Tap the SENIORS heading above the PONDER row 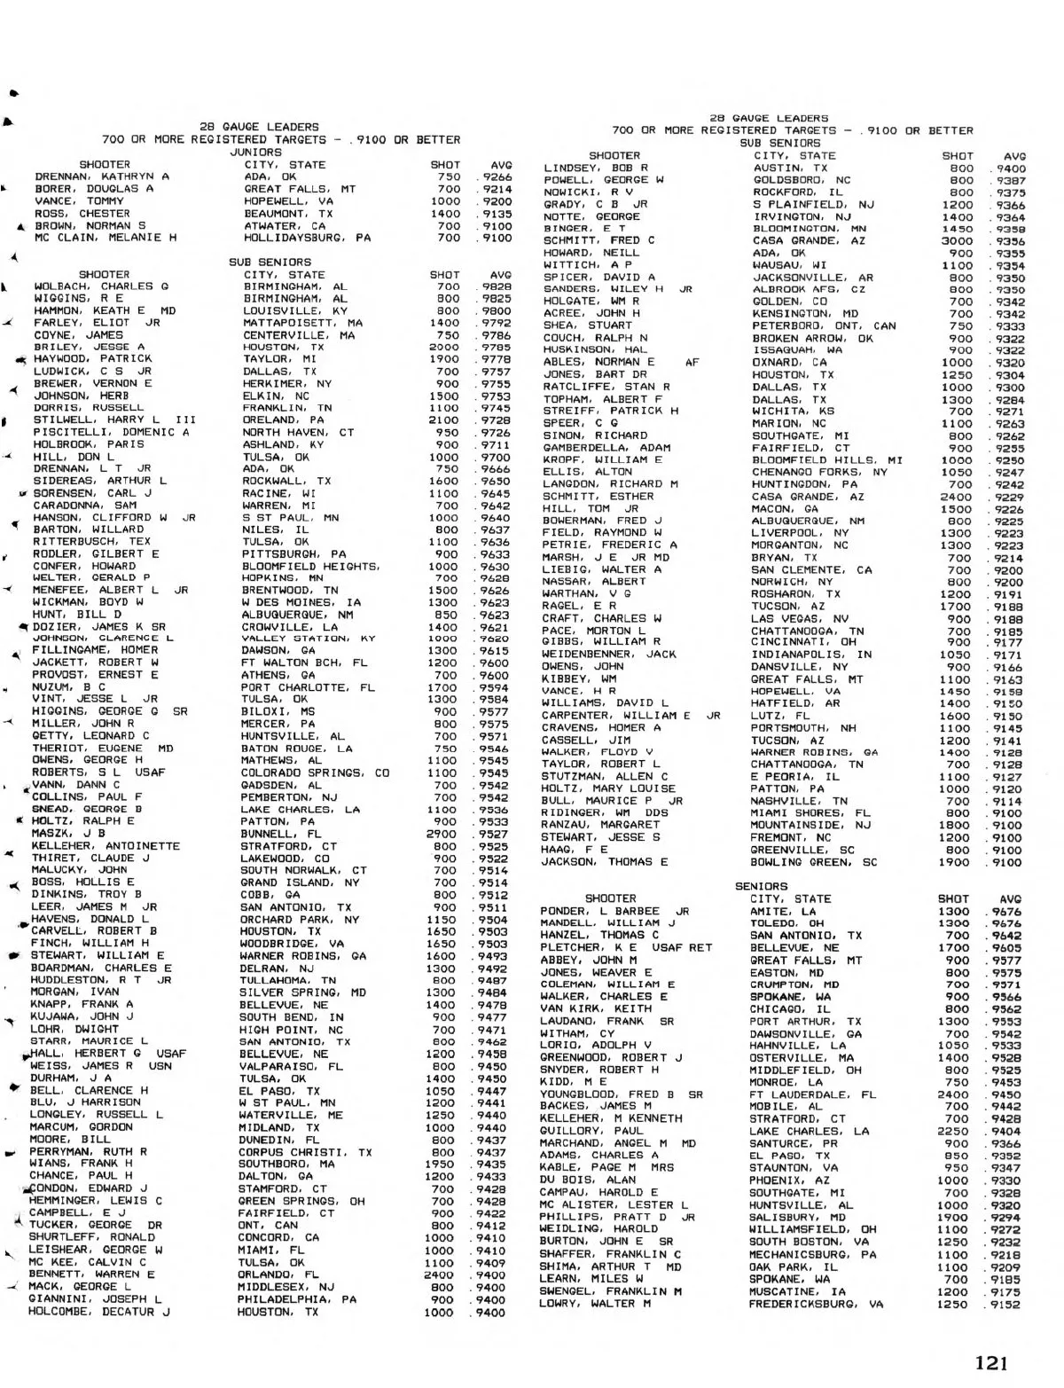[x=761, y=886]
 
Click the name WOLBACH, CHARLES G [x=101, y=286]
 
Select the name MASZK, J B [x=68, y=834]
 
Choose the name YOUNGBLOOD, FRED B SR [x=621, y=1094]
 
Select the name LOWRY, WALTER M [x=596, y=1305]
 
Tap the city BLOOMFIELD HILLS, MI [x=826, y=460]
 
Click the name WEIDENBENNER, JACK [x=609, y=654]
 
